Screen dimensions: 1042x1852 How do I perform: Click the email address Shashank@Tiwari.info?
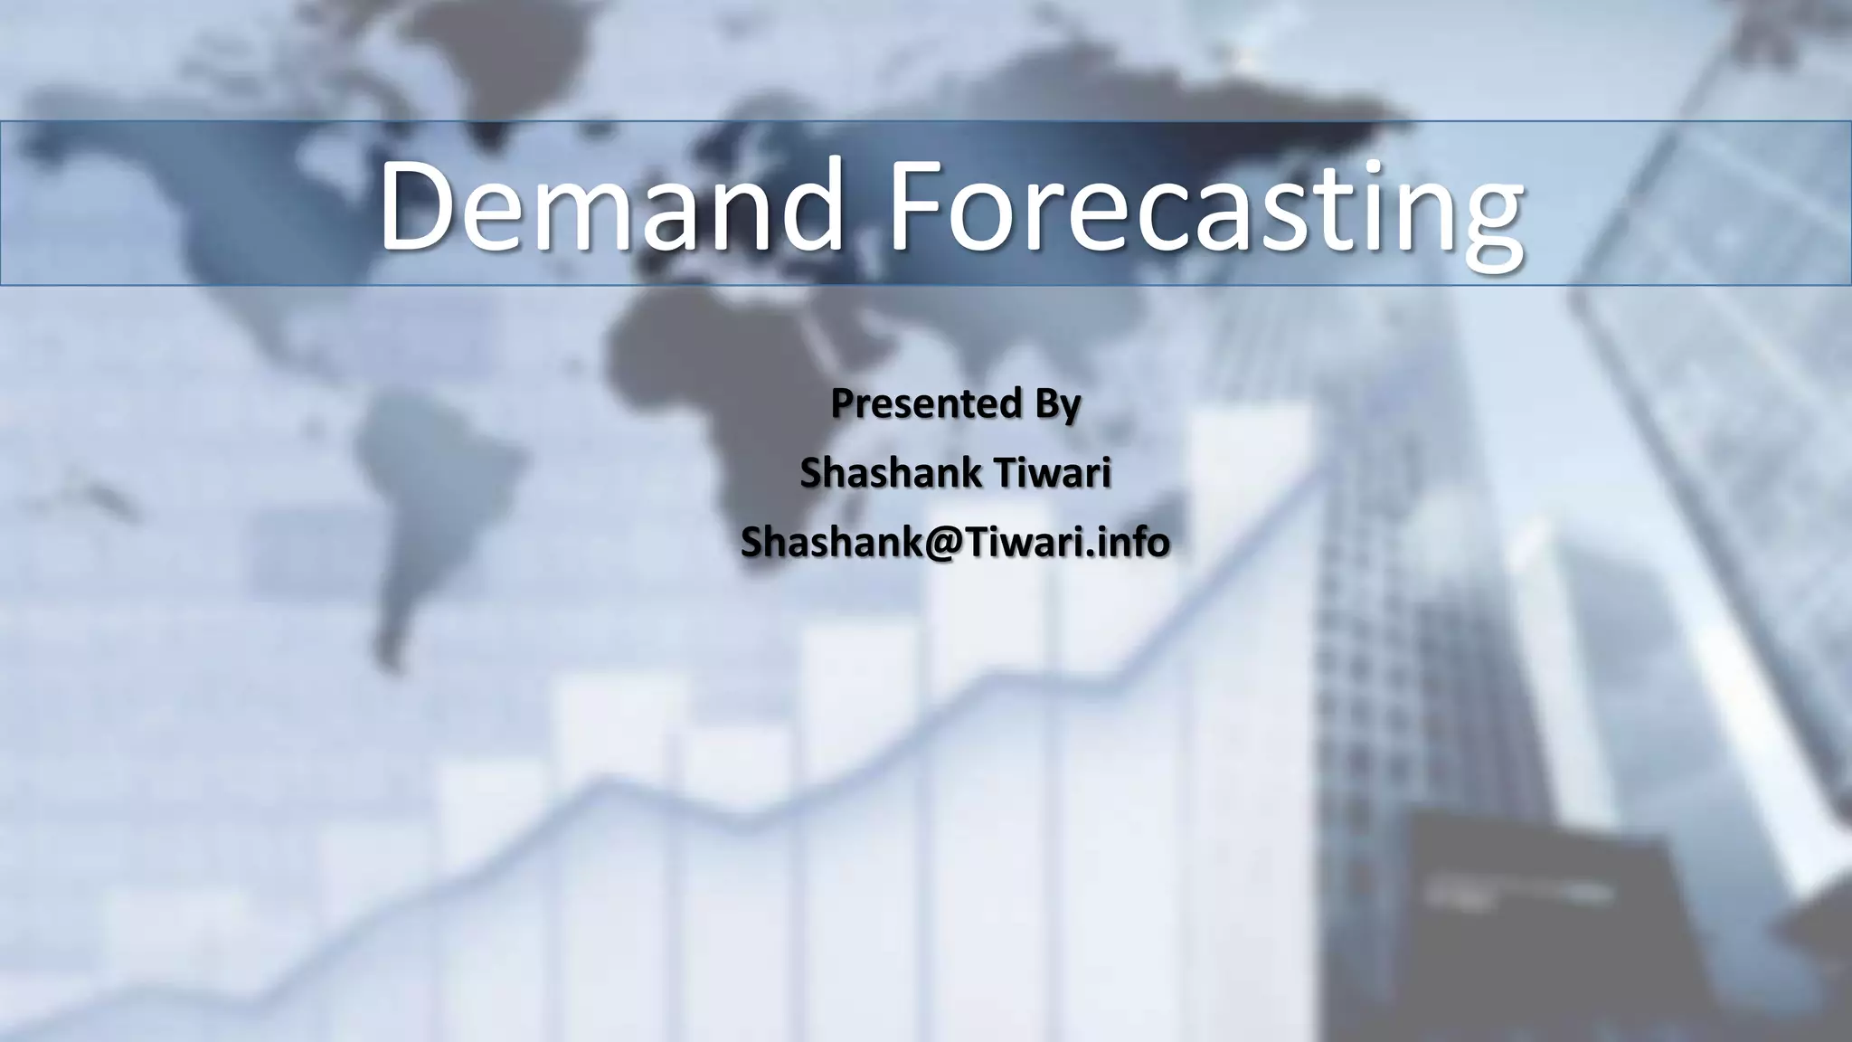point(955,541)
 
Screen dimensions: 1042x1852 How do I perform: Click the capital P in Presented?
point(840,404)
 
